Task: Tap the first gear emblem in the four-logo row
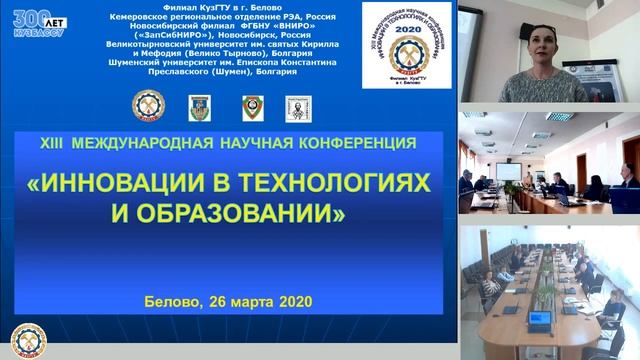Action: tap(146, 107)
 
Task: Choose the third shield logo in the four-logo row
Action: tap(252, 107)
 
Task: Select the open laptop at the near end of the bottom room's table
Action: tap(540, 320)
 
